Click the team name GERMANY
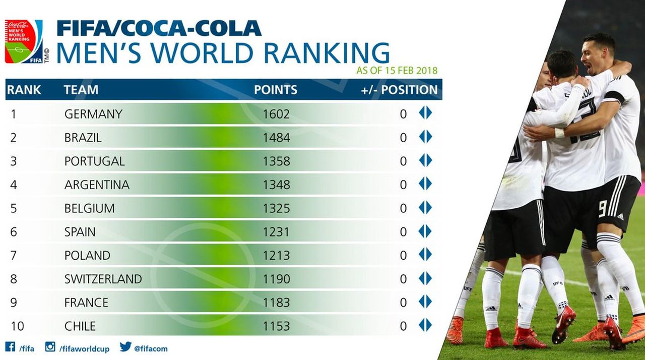pos(93,114)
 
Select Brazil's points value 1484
pos(276,138)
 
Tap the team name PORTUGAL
pos(94,161)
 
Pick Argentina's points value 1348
pos(276,185)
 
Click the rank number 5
pos(13,208)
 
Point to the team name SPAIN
pos(80,232)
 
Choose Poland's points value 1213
pos(276,256)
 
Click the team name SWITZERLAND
pos(103,279)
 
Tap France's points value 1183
pos(276,303)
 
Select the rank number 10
pos(17,326)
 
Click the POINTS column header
pos(275,90)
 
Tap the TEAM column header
pos(81,90)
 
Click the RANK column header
pos(24,90)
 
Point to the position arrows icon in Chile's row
pos(425,325)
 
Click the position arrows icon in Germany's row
pos(425,113)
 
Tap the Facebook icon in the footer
pos(10,347)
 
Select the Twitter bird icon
pos(125,347)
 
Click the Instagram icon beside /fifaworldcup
pos(50,347)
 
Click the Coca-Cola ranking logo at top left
pos(24,41)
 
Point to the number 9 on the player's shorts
pos(602,209)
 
